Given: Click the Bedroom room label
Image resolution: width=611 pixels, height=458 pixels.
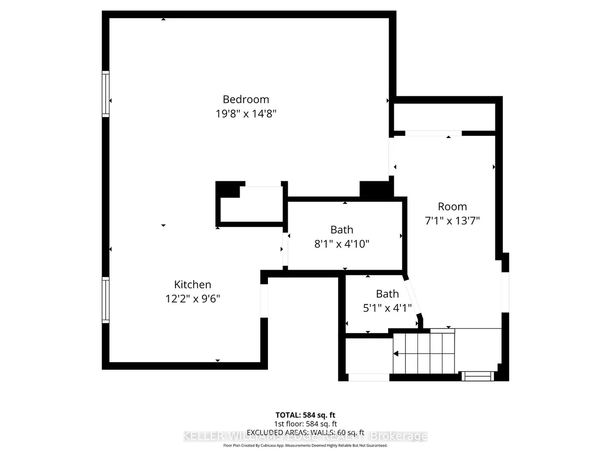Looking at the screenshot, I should tap(246, 99).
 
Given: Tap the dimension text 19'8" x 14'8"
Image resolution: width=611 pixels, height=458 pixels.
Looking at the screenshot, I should tap(246, 114).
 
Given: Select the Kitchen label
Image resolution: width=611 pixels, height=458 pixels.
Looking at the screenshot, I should tap(192, 284).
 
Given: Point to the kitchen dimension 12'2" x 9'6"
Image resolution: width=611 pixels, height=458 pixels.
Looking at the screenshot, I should tap(192, 299).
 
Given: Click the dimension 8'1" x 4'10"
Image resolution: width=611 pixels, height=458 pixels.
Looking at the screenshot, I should tap(342, 244).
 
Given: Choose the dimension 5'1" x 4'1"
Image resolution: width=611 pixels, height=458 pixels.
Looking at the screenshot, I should tap(387, 308).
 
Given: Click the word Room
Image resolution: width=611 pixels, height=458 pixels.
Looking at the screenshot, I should tap(452, 206).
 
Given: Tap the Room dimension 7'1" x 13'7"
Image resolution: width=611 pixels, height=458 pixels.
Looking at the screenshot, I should tap(452, 221).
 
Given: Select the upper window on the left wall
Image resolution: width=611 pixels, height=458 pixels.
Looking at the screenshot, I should tap(106, 93).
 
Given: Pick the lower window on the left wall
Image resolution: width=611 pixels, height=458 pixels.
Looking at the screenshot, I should tap(106, 300).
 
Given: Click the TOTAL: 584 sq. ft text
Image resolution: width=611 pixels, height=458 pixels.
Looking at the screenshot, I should tap(305, 415).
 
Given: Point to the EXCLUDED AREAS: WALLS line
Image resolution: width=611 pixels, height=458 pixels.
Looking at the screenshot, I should tap(305, 433).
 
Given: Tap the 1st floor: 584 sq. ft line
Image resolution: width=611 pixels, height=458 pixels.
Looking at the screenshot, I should tap(305, 424).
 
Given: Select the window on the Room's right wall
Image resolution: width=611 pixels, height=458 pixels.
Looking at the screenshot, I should tap(505, 292).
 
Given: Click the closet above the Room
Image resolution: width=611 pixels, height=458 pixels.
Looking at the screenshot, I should tap(444, 116).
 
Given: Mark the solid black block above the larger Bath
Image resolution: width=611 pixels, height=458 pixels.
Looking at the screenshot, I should tap(375, 189).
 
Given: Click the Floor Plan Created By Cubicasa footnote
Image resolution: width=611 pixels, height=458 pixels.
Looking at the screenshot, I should tap(305, 445).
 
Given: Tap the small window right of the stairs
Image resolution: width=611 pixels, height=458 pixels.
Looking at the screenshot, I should tap(477, 375).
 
